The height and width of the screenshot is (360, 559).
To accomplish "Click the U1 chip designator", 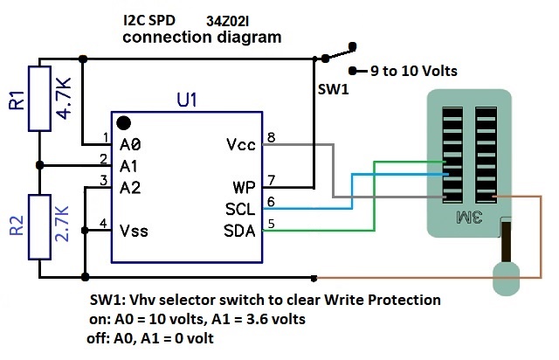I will (187, 101).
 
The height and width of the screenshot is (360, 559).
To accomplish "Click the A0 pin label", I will (131, 143).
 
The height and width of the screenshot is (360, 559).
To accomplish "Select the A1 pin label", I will (131, 164).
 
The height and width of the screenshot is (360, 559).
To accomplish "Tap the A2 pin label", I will (131, 186).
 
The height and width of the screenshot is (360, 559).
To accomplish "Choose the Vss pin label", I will (135, 231).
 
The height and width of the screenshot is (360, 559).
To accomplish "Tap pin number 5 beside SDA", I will (272, 225).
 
